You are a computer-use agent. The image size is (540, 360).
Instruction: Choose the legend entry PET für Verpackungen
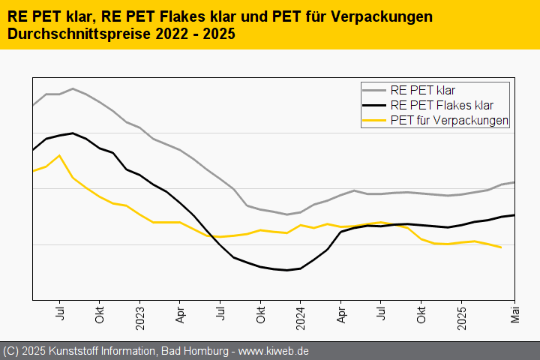pos(449,120)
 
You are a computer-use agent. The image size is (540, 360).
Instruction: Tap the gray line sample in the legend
pos(375,91)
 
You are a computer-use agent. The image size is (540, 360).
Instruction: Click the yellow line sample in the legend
pos(375,120)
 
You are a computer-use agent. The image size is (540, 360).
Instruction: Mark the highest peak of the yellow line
pos(59,155)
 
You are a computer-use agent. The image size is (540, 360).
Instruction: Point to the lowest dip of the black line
pos(287,270)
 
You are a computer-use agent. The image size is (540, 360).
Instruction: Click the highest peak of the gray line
pos(73,88)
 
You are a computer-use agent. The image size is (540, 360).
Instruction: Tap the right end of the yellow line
pos(501,247)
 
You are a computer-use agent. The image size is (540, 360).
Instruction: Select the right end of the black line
pos(514,215)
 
